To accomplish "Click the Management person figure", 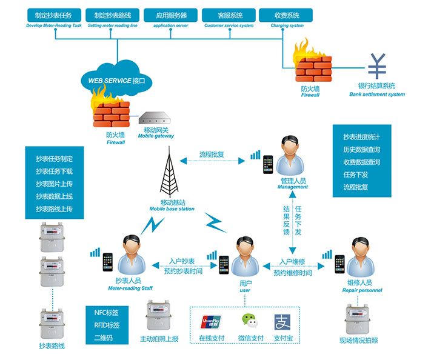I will tap(292, 156).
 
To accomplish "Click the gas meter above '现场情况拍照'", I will tap(359, 318).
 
